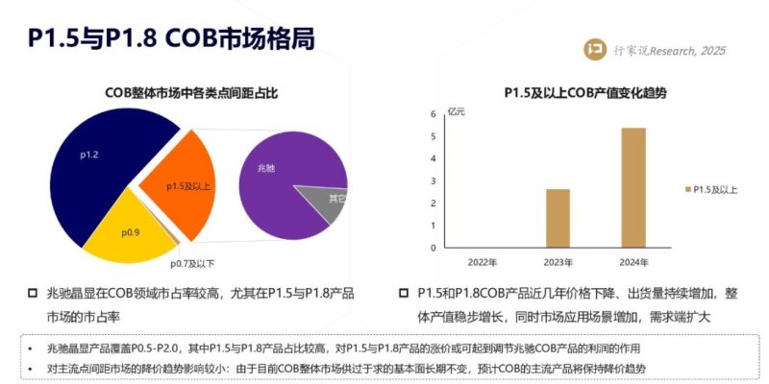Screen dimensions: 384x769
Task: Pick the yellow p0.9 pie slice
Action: pyautogui.click(x=130, y=232)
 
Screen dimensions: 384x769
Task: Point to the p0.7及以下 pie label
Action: pyautogui.click(x=192, y=263)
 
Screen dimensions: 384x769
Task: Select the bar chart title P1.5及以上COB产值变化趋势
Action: pyautogui.click(x=585, y=93)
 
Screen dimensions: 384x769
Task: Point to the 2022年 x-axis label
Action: pyautogui.click(x=483, y=262)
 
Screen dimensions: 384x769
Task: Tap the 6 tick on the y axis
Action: pyautogui.click(x=433, y=114)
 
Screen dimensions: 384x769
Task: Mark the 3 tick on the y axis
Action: pyautogui.click(x=433, y=180)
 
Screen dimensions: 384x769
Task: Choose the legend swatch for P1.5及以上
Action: pyautogui.click(x=687, y=190)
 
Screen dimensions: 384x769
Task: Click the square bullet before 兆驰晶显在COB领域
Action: pyautogui.click(x=33, y=292)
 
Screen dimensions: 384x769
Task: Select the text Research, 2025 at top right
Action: pyautogui.click(x=688, y=51)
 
